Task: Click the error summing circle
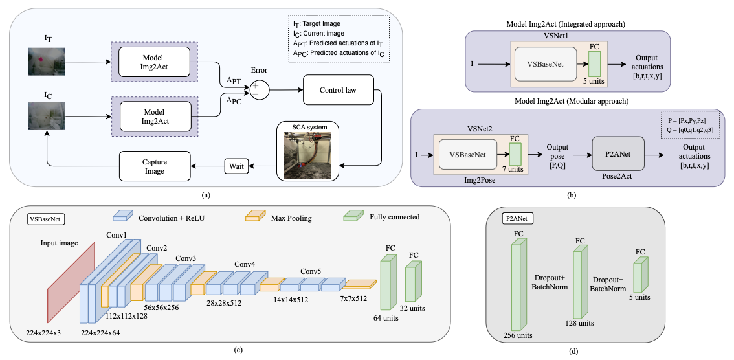pos(260,89)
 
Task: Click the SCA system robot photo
pos(304,155)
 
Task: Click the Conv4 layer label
pos(245,264)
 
